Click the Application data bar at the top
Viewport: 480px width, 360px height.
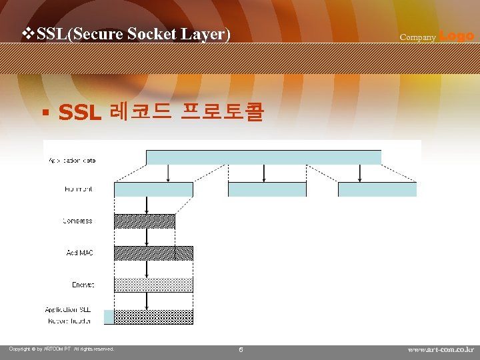pyautogui.click(x=263, y=157)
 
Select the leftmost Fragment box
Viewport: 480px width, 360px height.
pyautogui.click(x=153, y=189)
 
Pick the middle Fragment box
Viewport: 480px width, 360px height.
pyautogui.click(x=267, y=189)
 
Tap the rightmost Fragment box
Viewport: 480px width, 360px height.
pyautogui.click(x=377, y=189)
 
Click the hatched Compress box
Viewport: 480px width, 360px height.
pyautogui.click(x=144, y=221)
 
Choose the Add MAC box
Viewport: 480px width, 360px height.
pyautogui.click(x=153, y=253)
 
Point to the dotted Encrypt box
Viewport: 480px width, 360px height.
pyautogui.click(x=153, y=285)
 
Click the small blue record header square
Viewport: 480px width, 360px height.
pyautogui.click(x=109, y=317)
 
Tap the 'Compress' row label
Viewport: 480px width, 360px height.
pyautogui.click(x=77, y=221)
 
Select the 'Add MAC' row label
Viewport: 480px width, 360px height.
pyautogui.click(x=79, y=253)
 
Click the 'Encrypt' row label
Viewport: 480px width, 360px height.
pyautogui.click(x=83, y=285)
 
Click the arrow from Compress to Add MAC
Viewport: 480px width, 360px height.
pyautogui.click(x=147, y=237)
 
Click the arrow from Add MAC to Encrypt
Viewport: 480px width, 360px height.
pyautogui.click(x=147, y=269)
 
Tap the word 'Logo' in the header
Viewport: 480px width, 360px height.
pyautogui.click(x=457, y=36)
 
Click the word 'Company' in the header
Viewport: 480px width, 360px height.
pyautogui.click(x=417, y=37)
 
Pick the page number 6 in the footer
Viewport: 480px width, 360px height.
pyautogui.click(x=241, y=349)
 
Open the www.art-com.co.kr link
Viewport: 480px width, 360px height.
pyautogui.click(x=441, y=349)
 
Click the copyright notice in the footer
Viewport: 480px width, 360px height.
pyautogui.click(x=61, y=349)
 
